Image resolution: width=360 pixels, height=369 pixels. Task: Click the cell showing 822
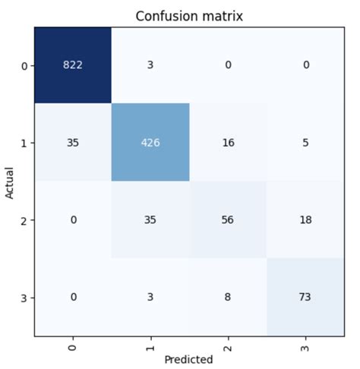tap(73, 65)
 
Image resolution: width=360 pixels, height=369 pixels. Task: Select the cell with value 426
tap(150, 142)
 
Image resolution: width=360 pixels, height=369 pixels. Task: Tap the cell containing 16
tap(227, 142)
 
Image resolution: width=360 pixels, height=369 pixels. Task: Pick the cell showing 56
tap(227, 219)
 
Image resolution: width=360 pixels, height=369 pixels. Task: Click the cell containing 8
tap(227, 297)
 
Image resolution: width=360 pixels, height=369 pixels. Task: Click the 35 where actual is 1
tap(73, 142)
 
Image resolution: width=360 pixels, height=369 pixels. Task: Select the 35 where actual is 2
tap(150, 219)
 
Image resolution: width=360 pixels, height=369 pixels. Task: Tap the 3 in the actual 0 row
tap(150, 65)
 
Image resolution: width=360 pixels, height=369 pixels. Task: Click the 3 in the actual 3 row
tap(150, 297)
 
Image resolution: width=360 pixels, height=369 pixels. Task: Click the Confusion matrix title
tap(188, 16)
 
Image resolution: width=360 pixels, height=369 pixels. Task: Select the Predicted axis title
tap(188, 359)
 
